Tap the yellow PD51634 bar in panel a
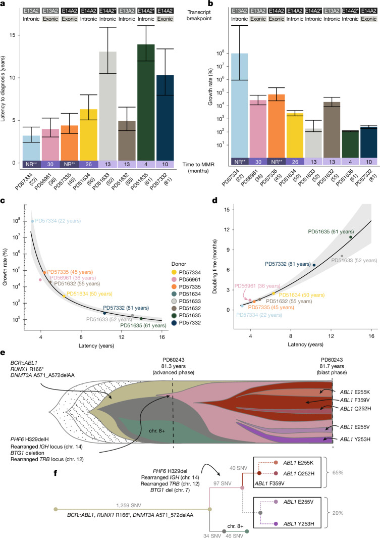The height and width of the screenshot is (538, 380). [89, 134]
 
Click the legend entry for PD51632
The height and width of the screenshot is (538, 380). [186, 308]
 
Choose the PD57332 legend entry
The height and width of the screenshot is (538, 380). [186, 322]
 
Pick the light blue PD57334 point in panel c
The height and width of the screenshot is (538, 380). [33, 221]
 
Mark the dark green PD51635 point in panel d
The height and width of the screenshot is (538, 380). [351, 237]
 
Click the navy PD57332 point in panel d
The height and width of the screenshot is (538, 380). [314, 265]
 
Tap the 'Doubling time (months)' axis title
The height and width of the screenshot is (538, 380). [215, 266]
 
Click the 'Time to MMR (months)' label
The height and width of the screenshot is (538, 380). [198, 167]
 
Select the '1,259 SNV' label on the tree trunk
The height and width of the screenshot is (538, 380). [129, 505]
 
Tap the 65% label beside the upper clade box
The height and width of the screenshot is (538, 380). [338, 472]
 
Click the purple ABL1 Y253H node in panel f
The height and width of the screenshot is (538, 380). [276, 524]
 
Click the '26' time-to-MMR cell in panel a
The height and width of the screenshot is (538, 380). [89, 164]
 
